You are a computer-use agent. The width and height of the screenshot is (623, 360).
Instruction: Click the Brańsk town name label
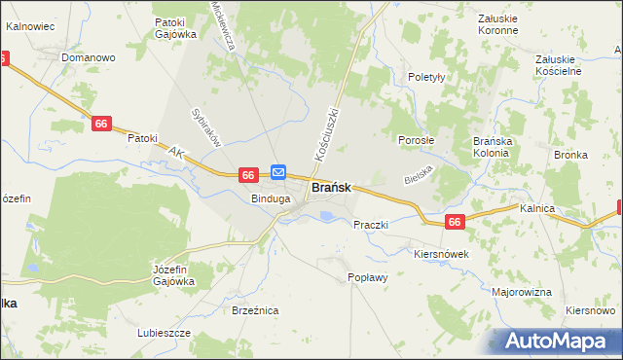[x=331, y=188]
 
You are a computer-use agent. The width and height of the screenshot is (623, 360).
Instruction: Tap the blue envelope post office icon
[x=277, y=172]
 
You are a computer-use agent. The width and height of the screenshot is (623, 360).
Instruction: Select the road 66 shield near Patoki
[x=102, y=124]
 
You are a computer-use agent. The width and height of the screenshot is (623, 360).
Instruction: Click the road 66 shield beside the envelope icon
[x=248, y=174]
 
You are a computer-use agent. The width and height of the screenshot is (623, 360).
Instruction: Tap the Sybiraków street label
[x=208, y=126]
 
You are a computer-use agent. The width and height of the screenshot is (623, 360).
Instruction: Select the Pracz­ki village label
[x=371, y=225]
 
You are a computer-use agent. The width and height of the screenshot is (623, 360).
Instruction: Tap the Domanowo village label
[x=88, y=57]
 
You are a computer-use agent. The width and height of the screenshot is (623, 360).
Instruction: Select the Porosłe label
[x=416, y=140]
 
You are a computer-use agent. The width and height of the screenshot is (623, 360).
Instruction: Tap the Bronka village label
[x=570, y=155]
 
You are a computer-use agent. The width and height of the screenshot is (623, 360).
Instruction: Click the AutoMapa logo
[x=560, y=342]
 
